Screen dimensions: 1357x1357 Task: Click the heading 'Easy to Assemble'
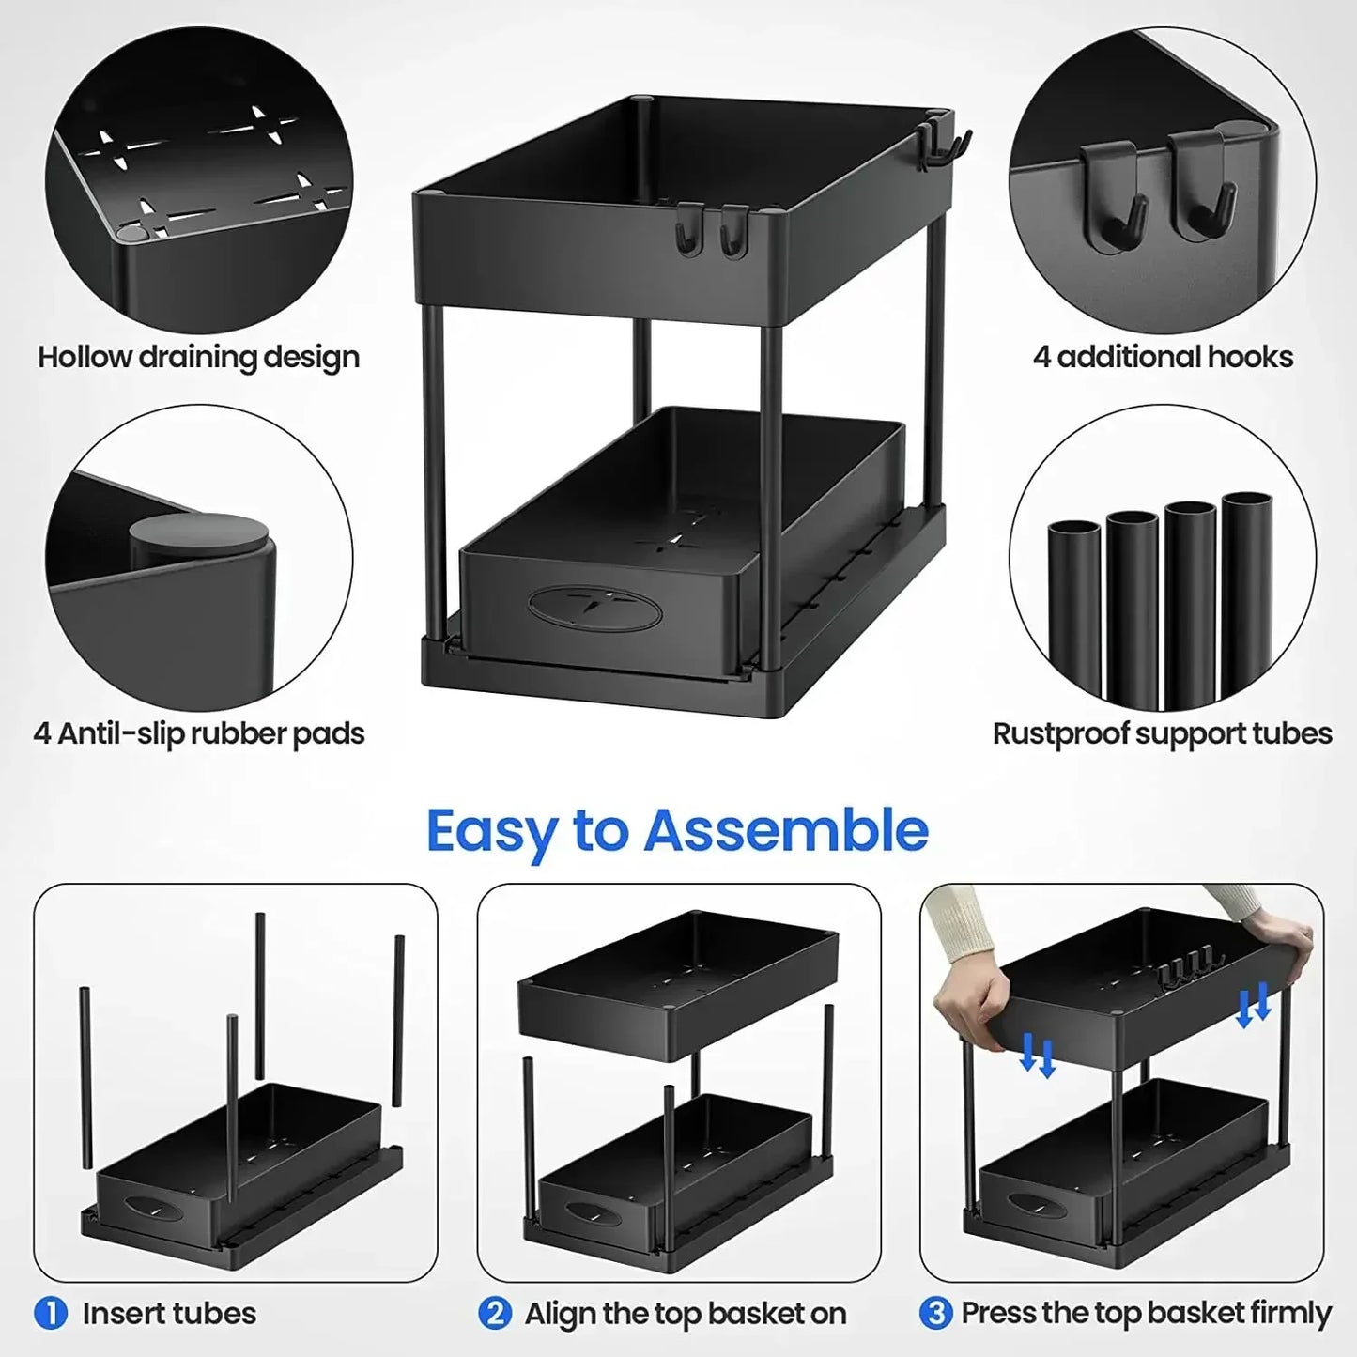(x=677, y=831)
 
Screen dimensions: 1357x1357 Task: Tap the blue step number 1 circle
(x=51, y=1312)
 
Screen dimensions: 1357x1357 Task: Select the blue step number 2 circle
(x=494, y=1312)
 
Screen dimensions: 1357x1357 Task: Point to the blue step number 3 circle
(x=935, y=1312)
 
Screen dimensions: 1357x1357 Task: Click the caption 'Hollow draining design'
(x=198, y=357)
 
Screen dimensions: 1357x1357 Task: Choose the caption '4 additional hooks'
(x=1163, y=357)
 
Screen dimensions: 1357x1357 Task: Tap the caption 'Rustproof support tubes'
(x=1162, y=733)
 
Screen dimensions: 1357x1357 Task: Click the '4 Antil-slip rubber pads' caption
(x=198, y=733)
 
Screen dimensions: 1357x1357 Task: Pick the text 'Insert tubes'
(x=169, y=1313)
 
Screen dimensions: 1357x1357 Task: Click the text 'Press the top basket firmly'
(x=1146, y=1313)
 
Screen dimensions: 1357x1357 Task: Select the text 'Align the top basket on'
(x=686, y=1313)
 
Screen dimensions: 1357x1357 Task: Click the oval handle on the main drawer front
(x=594, y=609)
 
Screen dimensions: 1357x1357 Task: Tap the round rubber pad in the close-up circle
(x=198, y=540)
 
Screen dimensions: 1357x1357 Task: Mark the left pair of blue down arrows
(x=1037, y=1055)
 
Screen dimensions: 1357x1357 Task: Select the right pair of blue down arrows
(x=1253, y=1005)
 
